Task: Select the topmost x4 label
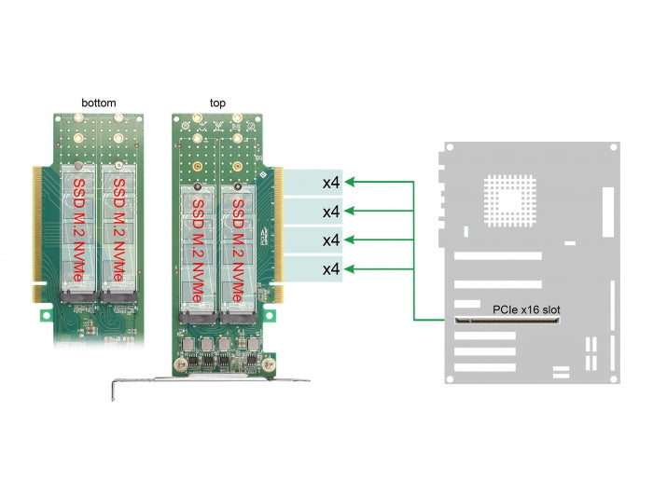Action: [x=330, y=181]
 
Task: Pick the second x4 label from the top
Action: [x=330, y=211]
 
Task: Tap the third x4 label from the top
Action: [x=330, y=240]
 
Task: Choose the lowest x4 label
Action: [x=330, y=270]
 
